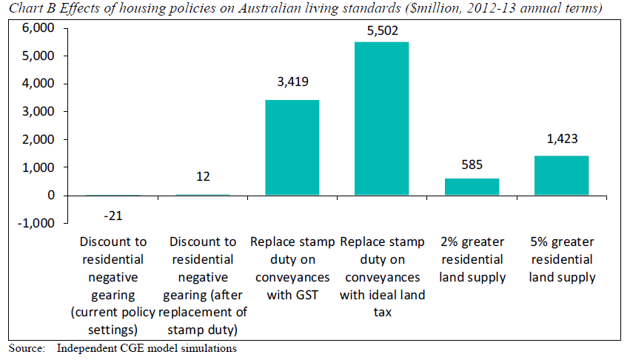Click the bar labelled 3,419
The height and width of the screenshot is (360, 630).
(x=292, y=147)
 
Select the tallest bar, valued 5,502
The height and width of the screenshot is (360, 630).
(x=382, y=119)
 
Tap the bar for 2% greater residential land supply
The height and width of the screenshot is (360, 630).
(x=472, y=187)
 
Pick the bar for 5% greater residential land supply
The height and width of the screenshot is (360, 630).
(x=562, y=176)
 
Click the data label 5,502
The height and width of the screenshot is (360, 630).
(x=382, y=30)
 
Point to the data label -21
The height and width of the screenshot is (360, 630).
(x=113, y=215)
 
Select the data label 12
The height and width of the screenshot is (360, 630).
(x=203, y=177)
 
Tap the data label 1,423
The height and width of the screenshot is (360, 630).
(x=562, y=138)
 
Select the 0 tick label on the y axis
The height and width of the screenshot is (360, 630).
(x=52, y=196)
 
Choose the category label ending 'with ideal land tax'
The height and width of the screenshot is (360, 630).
(x=382, y=277)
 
